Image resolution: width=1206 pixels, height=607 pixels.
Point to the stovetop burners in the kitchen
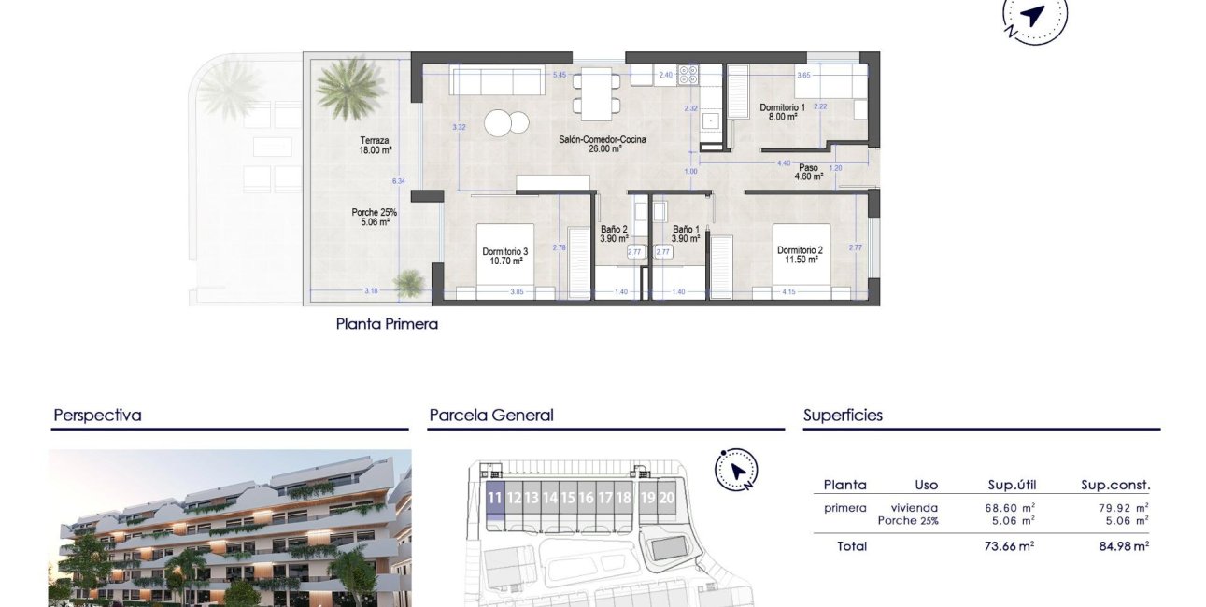(x=688, y=74)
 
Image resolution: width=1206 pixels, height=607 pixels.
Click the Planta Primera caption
(x=387, y=325)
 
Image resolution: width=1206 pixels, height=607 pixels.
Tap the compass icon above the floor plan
(x=1033, y=16)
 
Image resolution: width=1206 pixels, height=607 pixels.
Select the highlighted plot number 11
(x=495, y=499)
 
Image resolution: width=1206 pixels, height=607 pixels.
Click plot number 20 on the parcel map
(x=666, y=498)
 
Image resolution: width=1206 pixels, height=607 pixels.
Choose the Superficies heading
(x=843, y=416)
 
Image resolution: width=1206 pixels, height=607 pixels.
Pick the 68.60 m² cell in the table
(x=1011, y=508)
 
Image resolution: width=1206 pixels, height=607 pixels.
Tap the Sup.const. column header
(x=1115, y=485)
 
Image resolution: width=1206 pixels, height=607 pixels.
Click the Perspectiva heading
(x=97, y=416)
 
